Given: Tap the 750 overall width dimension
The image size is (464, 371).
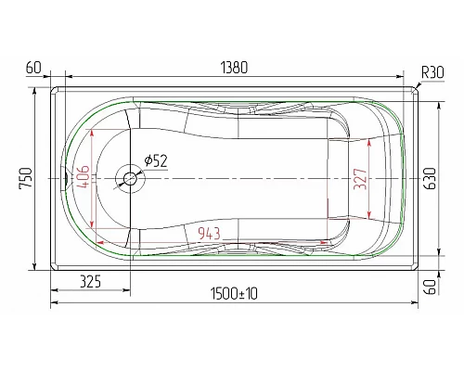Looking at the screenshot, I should pyautogui.click(x=26, y=177).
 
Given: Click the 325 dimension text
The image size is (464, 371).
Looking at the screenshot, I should pyautogui.click(x=90, y=280).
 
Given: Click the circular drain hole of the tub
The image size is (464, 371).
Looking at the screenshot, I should pyautogui.click(x=125, y=178).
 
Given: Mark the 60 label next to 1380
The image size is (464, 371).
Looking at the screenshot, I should pyautogui.click(x=34, y=69).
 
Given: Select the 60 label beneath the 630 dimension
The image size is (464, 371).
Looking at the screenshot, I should pyautogui.click(x=430, y=286).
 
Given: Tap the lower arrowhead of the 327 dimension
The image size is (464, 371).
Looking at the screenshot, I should pyautogui.click(x=370, y=215).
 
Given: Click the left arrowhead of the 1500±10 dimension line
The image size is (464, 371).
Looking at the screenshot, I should pyautogui.click(x=53, y=301).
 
